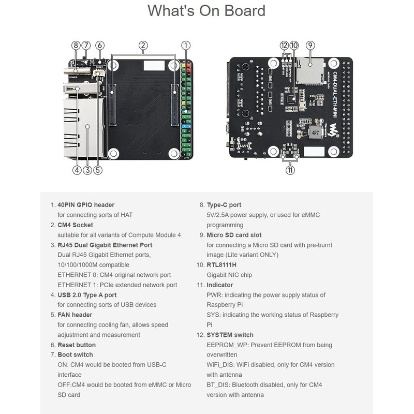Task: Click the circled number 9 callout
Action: coord(310,45)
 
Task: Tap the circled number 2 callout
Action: coord(143,45)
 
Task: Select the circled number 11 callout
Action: coord(290,169)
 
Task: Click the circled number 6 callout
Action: coord(99,45)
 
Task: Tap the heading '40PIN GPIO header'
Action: coord(86,205)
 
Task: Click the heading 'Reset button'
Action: coord(77,345)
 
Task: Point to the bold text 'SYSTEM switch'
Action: coord(230,335)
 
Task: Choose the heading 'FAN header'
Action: coord(75,315)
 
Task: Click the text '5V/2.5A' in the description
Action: coord(218,215)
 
